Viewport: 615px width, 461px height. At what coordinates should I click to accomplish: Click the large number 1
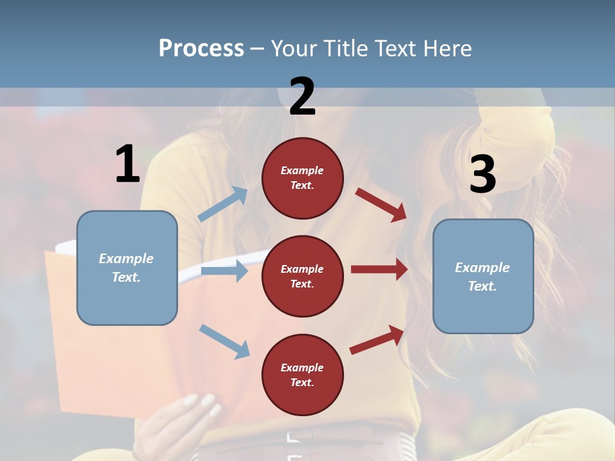click(127, 164)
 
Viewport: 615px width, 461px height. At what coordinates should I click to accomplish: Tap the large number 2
click(302, 96)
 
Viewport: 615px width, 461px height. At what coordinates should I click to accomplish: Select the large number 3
click(482, 174)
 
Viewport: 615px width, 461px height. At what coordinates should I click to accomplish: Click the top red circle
click(302, 178)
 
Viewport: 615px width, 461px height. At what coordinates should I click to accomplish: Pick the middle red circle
click(302, 276)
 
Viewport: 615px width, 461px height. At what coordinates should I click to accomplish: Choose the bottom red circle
click(302, 375)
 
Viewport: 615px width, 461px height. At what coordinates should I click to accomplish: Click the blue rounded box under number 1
click(127, 268)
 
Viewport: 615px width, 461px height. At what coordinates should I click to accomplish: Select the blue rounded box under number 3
click(483, 277)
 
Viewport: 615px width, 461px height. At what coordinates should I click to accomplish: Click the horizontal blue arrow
click(224, 271)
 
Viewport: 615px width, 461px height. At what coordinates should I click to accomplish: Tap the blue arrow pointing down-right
click(224, 341)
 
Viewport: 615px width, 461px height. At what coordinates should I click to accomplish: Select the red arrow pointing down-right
click(381, 204)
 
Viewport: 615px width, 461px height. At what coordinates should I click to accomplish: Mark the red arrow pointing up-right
click(377, 339)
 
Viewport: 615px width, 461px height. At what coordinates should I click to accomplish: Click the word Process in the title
click(201, 48)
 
